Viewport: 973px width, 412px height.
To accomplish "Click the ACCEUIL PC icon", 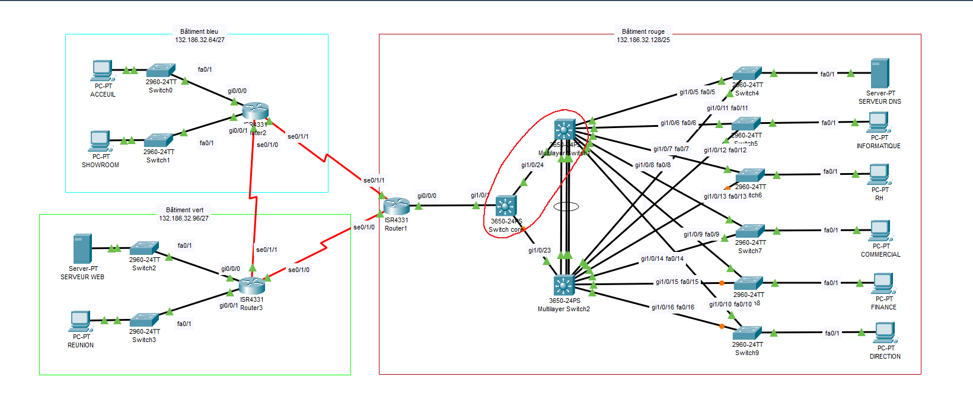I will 102,71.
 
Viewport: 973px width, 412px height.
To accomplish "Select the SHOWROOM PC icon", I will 100,141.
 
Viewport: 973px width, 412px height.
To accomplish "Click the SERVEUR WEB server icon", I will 82,248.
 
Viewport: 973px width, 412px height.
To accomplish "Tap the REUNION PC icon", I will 79,321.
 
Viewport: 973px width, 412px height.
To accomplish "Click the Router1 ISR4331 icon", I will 396,206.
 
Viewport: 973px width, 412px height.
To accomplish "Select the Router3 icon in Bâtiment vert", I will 251,286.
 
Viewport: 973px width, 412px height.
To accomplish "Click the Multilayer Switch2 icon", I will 564,286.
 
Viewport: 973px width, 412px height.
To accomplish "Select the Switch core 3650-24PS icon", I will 506,206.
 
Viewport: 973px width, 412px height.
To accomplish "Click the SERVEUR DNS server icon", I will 880,74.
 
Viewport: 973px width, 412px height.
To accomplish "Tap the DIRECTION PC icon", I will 885,333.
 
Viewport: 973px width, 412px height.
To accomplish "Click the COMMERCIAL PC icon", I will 881,231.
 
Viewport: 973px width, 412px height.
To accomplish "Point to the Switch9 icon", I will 747,333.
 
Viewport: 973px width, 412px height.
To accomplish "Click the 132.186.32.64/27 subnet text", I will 200,40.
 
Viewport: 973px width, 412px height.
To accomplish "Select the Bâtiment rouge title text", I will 643,32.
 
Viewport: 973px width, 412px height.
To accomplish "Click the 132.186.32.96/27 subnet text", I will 184,218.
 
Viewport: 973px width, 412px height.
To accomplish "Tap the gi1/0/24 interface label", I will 532,165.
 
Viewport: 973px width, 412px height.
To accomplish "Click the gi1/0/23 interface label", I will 540,251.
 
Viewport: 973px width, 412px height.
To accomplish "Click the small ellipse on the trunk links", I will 566,207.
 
